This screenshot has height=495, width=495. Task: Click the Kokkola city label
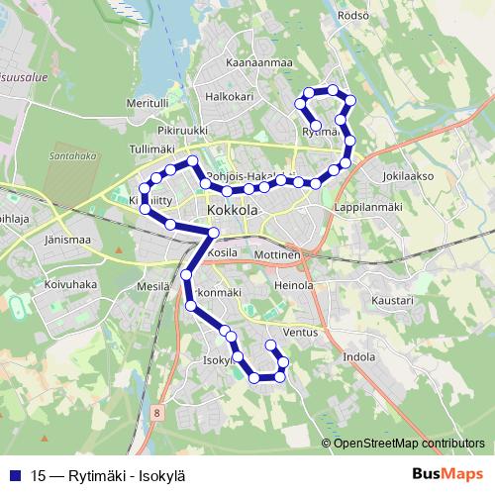coord(234,211)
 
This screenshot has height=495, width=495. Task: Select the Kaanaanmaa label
coord(260,62)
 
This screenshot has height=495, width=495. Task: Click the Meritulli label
coord(148,103)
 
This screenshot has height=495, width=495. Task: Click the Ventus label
coord(300,333)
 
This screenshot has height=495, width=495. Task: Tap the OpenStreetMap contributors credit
coord(408,444)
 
